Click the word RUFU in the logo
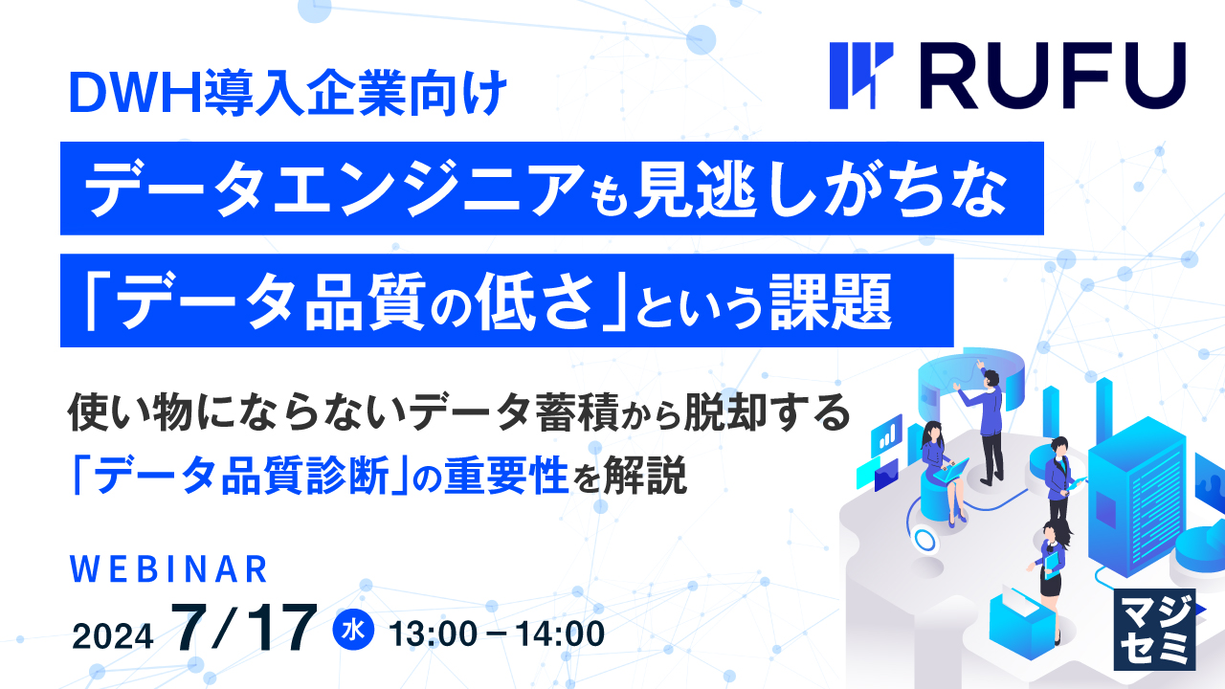[x=1048, y=77]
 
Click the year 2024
[x=113, y=633]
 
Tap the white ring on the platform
[x=924, y=540]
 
